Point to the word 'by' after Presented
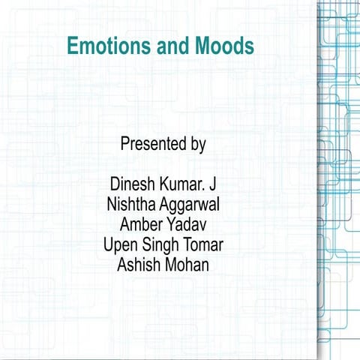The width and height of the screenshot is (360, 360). point(197,145)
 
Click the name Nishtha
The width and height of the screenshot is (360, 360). point(133,204)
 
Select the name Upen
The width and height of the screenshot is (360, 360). point(118,245)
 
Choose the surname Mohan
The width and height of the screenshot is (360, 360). point(188,265)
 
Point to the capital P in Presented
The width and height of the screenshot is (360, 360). point(124,144)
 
